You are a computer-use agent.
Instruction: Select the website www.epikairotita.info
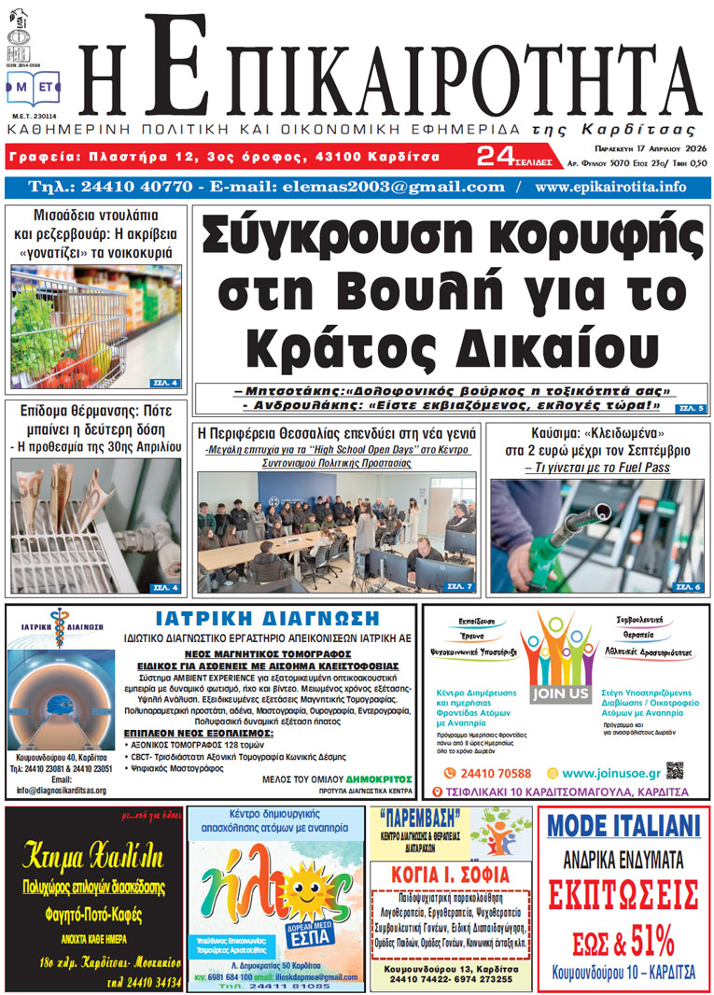(610, 187)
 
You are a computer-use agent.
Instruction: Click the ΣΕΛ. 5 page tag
(692, 408)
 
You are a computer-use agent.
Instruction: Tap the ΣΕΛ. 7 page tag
(460, 586)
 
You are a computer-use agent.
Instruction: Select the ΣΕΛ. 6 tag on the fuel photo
(687, 586)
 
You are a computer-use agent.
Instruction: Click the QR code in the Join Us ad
(676, 771)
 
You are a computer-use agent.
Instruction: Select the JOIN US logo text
(560, 694)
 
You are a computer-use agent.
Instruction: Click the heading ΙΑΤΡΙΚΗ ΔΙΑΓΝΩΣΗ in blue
(267, 619)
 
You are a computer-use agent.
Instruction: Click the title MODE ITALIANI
(623, 826)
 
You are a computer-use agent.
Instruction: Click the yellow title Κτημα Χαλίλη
(93, 854)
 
